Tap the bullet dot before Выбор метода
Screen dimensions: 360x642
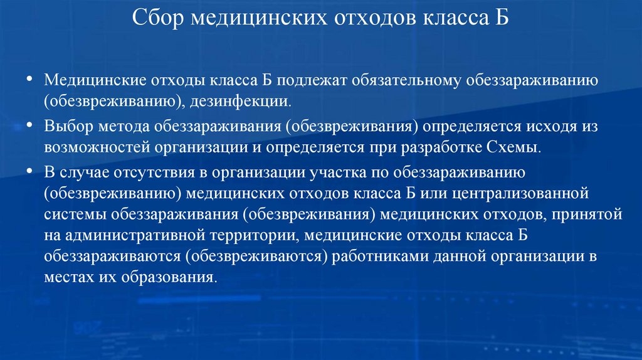30,125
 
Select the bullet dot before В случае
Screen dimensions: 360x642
30,171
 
